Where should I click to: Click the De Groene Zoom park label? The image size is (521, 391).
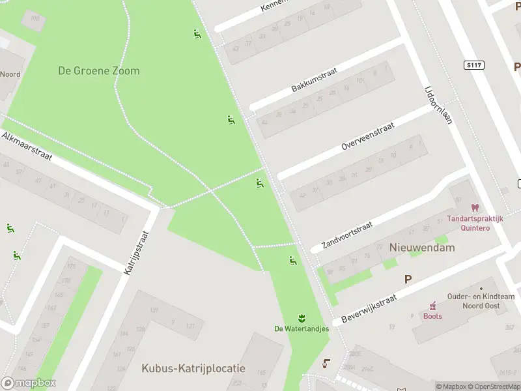(99, 71)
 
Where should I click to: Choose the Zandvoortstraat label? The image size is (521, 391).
(347, 236)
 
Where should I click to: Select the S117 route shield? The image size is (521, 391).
(473, 65)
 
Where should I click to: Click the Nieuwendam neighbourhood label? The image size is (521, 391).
(422, 248)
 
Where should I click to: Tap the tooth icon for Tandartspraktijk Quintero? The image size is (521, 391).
(474, 208)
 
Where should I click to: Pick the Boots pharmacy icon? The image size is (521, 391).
(432, 305)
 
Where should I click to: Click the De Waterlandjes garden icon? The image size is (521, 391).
(302, 318)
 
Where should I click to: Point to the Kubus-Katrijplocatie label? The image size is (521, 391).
(193, 368)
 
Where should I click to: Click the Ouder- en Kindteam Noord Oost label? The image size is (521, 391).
(481, 300)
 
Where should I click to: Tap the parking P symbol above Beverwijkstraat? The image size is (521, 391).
(408, 279)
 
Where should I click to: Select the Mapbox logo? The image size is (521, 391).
(29, 383)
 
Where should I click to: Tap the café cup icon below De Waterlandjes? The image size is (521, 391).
(326, 363)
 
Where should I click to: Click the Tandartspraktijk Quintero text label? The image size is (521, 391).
(475, 224)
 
